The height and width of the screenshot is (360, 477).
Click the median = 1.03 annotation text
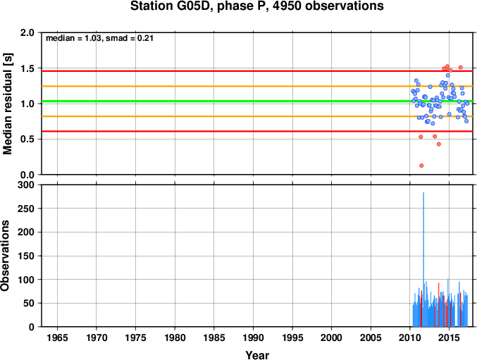pyautogui.click(x=73, y=38)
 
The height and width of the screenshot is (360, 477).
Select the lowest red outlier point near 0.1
pyautogui.click(x=421, y=166)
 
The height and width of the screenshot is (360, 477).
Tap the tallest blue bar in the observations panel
pyautogui.click(x=423, y=259)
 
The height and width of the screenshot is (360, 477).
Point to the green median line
pyautogui.click(x=257, y=101)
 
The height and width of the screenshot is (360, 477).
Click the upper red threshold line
pyautogui.click(x=257, y=71)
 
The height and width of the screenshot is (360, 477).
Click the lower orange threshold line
pyautogui.click(x=257, y=116)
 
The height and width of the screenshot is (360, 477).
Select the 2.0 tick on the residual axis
pyautogui.click(x=27, y=32)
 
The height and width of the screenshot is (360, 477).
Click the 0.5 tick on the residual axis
pyautogui.click(x=27, y=139)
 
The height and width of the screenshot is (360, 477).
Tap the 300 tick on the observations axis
pyautogui.click(x=26, y=185)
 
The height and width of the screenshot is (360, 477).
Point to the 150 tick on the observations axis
pyautogui.click(x=26, y=256)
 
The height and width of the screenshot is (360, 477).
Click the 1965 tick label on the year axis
pyautogui.click(x=58, y=337)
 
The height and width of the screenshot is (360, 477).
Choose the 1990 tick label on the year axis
pyautogui.click(x=254, y=337)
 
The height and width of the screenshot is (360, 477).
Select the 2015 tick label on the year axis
pyautogui.click(x=450, y=337)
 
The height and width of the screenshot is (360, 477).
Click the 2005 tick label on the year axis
pyautogui.click(x=371, y=337)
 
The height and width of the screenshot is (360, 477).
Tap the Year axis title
pyautogui.click(x=257, y=355)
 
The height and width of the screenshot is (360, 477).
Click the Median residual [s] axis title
pyautogui.click(x=7, y=104)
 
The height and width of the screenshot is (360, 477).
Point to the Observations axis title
pyautogui.click(x=5, y=256)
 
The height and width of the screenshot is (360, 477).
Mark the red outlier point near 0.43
pyautogui.click(x=439, y=144)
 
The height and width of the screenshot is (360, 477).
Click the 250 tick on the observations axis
pyautogui.click(x=26, y=209)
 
